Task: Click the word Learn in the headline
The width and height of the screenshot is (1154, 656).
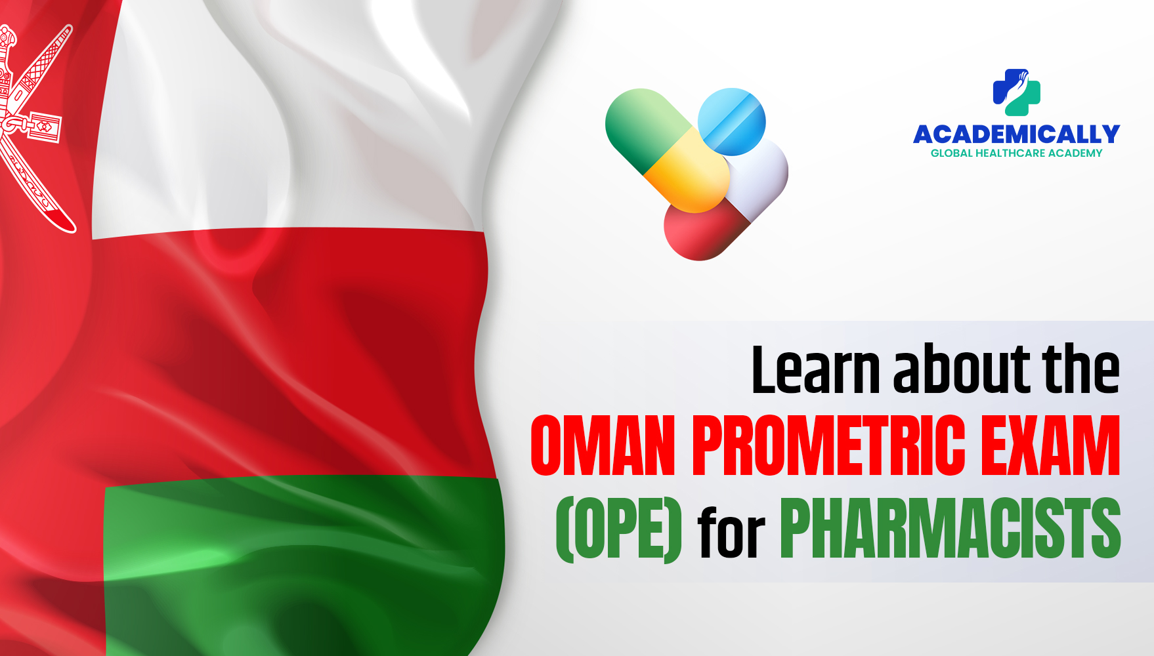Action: click(815, 370)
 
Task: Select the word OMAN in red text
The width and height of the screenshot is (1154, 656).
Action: click(603, 446)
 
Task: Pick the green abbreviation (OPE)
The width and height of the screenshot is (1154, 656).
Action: click(618, 529)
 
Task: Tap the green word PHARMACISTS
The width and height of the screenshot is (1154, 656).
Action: click(950, 529)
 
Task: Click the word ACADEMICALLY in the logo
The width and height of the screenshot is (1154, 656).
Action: click(1016, 134)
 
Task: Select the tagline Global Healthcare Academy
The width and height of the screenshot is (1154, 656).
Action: click(1016, 154)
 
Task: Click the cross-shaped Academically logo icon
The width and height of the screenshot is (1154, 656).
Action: click(1016, 92)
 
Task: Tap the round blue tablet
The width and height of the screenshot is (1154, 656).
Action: click(731, 121)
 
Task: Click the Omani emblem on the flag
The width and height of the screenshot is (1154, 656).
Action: click(33, 125)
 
